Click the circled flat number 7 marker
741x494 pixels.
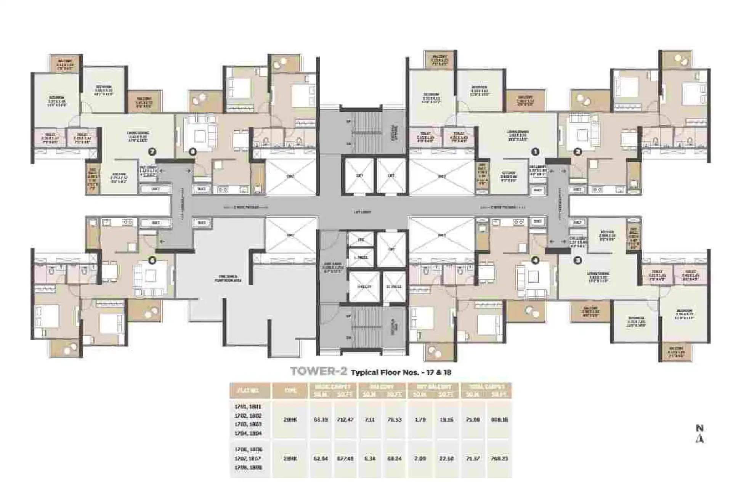tap(152, 152)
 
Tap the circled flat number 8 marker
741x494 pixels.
tap(193, 152)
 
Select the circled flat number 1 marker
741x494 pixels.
tap(535, 152)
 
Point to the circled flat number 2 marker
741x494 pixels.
tap(578, 152)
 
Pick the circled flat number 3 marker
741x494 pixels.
tap(578, 261)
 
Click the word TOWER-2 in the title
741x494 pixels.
tap(318, 372)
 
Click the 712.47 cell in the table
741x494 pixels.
tap(345, 420)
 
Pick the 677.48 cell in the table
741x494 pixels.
tap(345, 459)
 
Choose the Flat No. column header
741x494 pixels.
tap(250, 391)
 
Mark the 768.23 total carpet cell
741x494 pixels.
tap(499, 459)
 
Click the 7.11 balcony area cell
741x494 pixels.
tap(370, 420)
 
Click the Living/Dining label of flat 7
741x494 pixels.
tap(138, 135)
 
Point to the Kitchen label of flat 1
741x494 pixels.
tap(508, 175)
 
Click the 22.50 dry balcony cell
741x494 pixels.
tap(446, 459)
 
